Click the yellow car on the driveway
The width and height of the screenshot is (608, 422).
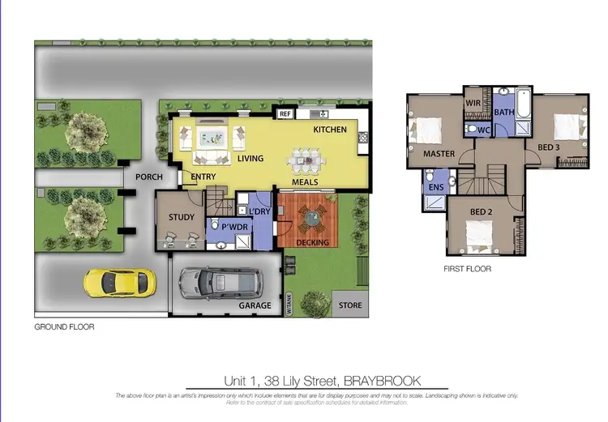point(118,283)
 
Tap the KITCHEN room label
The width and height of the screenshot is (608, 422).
point(330,130)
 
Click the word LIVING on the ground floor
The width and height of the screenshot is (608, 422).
point(250,158)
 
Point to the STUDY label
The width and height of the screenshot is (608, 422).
point(181,217)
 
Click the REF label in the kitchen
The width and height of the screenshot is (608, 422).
point(285,114)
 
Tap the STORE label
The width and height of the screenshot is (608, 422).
point(350,305)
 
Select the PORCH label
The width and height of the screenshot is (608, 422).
point(149,177)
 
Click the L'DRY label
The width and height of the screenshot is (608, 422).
point(259,212)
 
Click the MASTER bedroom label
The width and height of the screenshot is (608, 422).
point(439,153)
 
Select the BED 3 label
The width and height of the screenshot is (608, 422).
point(553,147)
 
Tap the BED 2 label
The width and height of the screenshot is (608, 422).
point(481,212)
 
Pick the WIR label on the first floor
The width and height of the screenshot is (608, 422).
point(473,103)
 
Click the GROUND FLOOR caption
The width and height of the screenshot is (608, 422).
point(64,328)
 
